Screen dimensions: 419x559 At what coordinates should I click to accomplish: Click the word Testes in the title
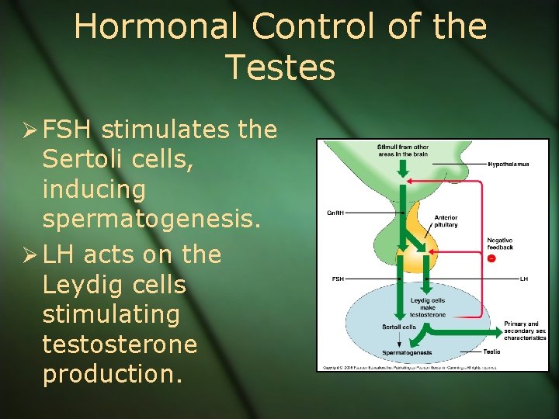coord(280,68)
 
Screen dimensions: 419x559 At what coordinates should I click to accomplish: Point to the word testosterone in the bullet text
coord(121,345)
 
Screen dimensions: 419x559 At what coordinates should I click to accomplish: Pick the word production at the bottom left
coord(113,374)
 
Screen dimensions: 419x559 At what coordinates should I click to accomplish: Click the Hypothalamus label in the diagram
coord(509,164)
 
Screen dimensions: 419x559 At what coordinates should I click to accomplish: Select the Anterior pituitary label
coord(446,221)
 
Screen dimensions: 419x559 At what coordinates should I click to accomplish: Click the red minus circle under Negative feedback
coord(491,258)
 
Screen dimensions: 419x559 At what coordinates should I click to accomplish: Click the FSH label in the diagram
coord(339,278)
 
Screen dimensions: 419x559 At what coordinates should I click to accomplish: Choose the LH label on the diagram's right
coord(524,278)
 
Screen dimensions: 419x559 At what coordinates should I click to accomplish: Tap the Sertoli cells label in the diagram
coord(399,327)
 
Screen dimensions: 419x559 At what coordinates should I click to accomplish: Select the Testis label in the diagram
coord(491,351)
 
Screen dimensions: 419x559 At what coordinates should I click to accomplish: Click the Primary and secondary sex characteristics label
coord(525,331)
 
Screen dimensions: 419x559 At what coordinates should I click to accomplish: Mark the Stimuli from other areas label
coord(402,150)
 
